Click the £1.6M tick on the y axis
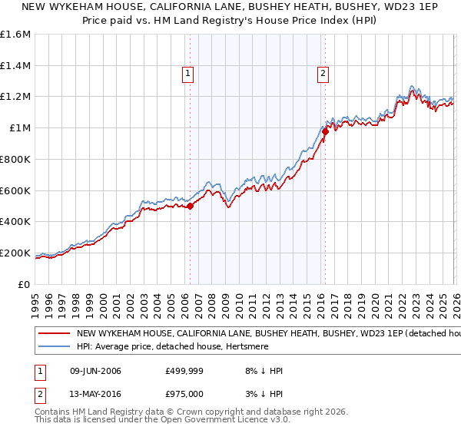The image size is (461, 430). [x=15, y=35]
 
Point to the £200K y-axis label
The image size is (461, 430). [x=15, y=253]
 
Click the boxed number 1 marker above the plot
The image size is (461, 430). [x=189, y=74]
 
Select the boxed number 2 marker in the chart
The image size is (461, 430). [x=323, y=74]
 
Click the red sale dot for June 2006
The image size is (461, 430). [x=191, y=206]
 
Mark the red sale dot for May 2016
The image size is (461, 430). [x=325, y=131]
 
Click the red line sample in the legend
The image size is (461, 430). [x=55, y=334]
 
